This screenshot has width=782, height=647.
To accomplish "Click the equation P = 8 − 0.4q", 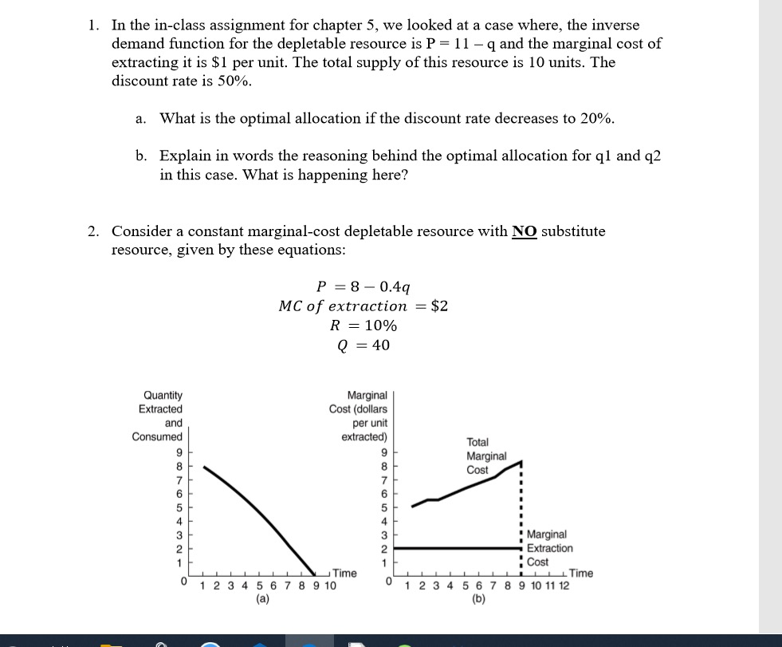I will click(363, 286).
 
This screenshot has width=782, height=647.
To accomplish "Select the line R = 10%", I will click(363, 325).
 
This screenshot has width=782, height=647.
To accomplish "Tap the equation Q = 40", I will click(363, 345).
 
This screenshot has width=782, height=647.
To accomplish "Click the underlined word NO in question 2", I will click(524, 231).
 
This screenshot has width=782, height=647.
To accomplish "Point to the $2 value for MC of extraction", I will click(438, 306).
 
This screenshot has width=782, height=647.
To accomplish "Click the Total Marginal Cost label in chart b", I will click(485, 456).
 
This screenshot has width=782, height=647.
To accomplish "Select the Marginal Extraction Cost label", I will click(549, 548).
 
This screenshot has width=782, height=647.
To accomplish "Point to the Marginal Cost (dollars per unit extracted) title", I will click(358, 416).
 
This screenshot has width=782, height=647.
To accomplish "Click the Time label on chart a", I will click(344, 573).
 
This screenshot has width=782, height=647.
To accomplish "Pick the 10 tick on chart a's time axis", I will click(330, 586).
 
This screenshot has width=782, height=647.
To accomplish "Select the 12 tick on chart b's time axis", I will click(564, 586).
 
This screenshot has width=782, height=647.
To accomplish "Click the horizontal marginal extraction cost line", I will click(454, 548).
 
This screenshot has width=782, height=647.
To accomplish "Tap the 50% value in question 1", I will click(236, 81).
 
